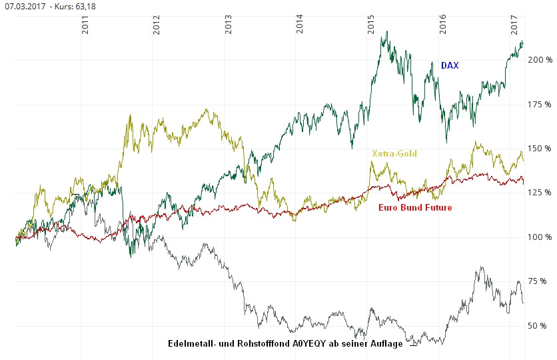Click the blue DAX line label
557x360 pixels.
tap(450, 66)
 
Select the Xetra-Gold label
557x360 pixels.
tap(394, 154)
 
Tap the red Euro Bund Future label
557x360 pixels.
tap(415, 208)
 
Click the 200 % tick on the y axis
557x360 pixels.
tap(540, 60)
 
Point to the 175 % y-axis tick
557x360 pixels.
tap(540, 105)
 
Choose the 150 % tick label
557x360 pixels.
tap(540, 149)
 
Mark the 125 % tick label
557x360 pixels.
tap(540, 193)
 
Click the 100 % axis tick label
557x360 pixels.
tap(540, 237)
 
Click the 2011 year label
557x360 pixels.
tap(85, 27)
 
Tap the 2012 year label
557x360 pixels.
tap(157, 27)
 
